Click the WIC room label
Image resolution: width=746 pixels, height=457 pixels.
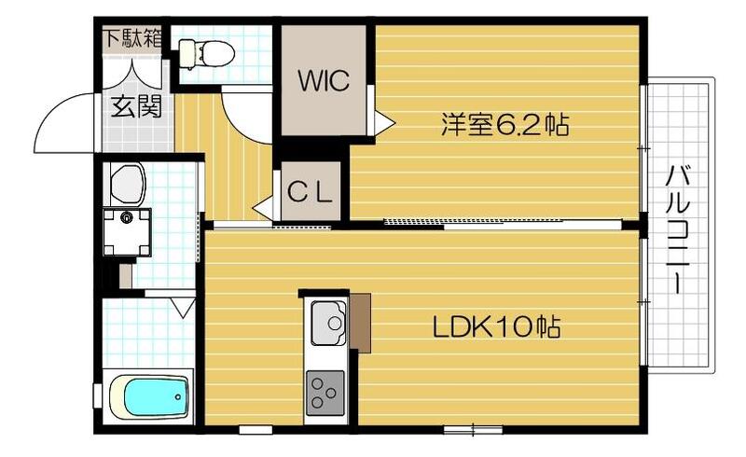(324, 80)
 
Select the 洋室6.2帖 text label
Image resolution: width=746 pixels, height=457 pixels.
(505, 125)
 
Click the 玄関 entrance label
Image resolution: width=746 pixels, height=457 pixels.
(136, 106)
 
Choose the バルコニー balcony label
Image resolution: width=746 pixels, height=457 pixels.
(678, 228)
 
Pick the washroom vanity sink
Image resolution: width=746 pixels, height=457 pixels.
(127, 184)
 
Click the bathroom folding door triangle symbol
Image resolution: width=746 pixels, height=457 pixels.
(183, 304)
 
